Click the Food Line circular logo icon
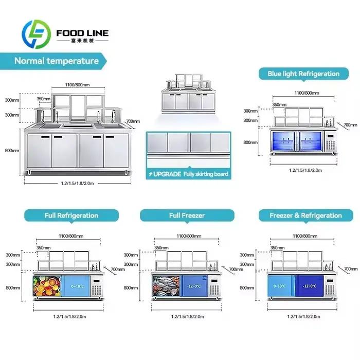coord(36,34)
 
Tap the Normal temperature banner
coord(53,61)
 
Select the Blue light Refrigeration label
coord(303,74)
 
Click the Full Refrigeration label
coord(71,215)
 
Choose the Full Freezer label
coord(187,215)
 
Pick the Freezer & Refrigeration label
coord(306,215)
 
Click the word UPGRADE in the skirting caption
coord(167,174)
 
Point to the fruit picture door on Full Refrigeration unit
coord(47,286)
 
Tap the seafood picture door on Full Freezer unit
coord(166,286)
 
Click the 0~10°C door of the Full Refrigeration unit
coord(76,286)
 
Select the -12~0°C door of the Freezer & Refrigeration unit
coord(309,286)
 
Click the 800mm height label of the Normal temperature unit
coord(12,151)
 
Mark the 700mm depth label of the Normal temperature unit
coord(133,121)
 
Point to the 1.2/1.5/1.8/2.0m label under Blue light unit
coord(305,170)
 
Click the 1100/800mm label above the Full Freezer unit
coord(189,236)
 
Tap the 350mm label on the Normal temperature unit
coord(43,99)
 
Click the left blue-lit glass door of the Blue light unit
coord(283,141)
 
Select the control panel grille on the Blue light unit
coord(330,145)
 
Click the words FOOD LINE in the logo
coord(82,33)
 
